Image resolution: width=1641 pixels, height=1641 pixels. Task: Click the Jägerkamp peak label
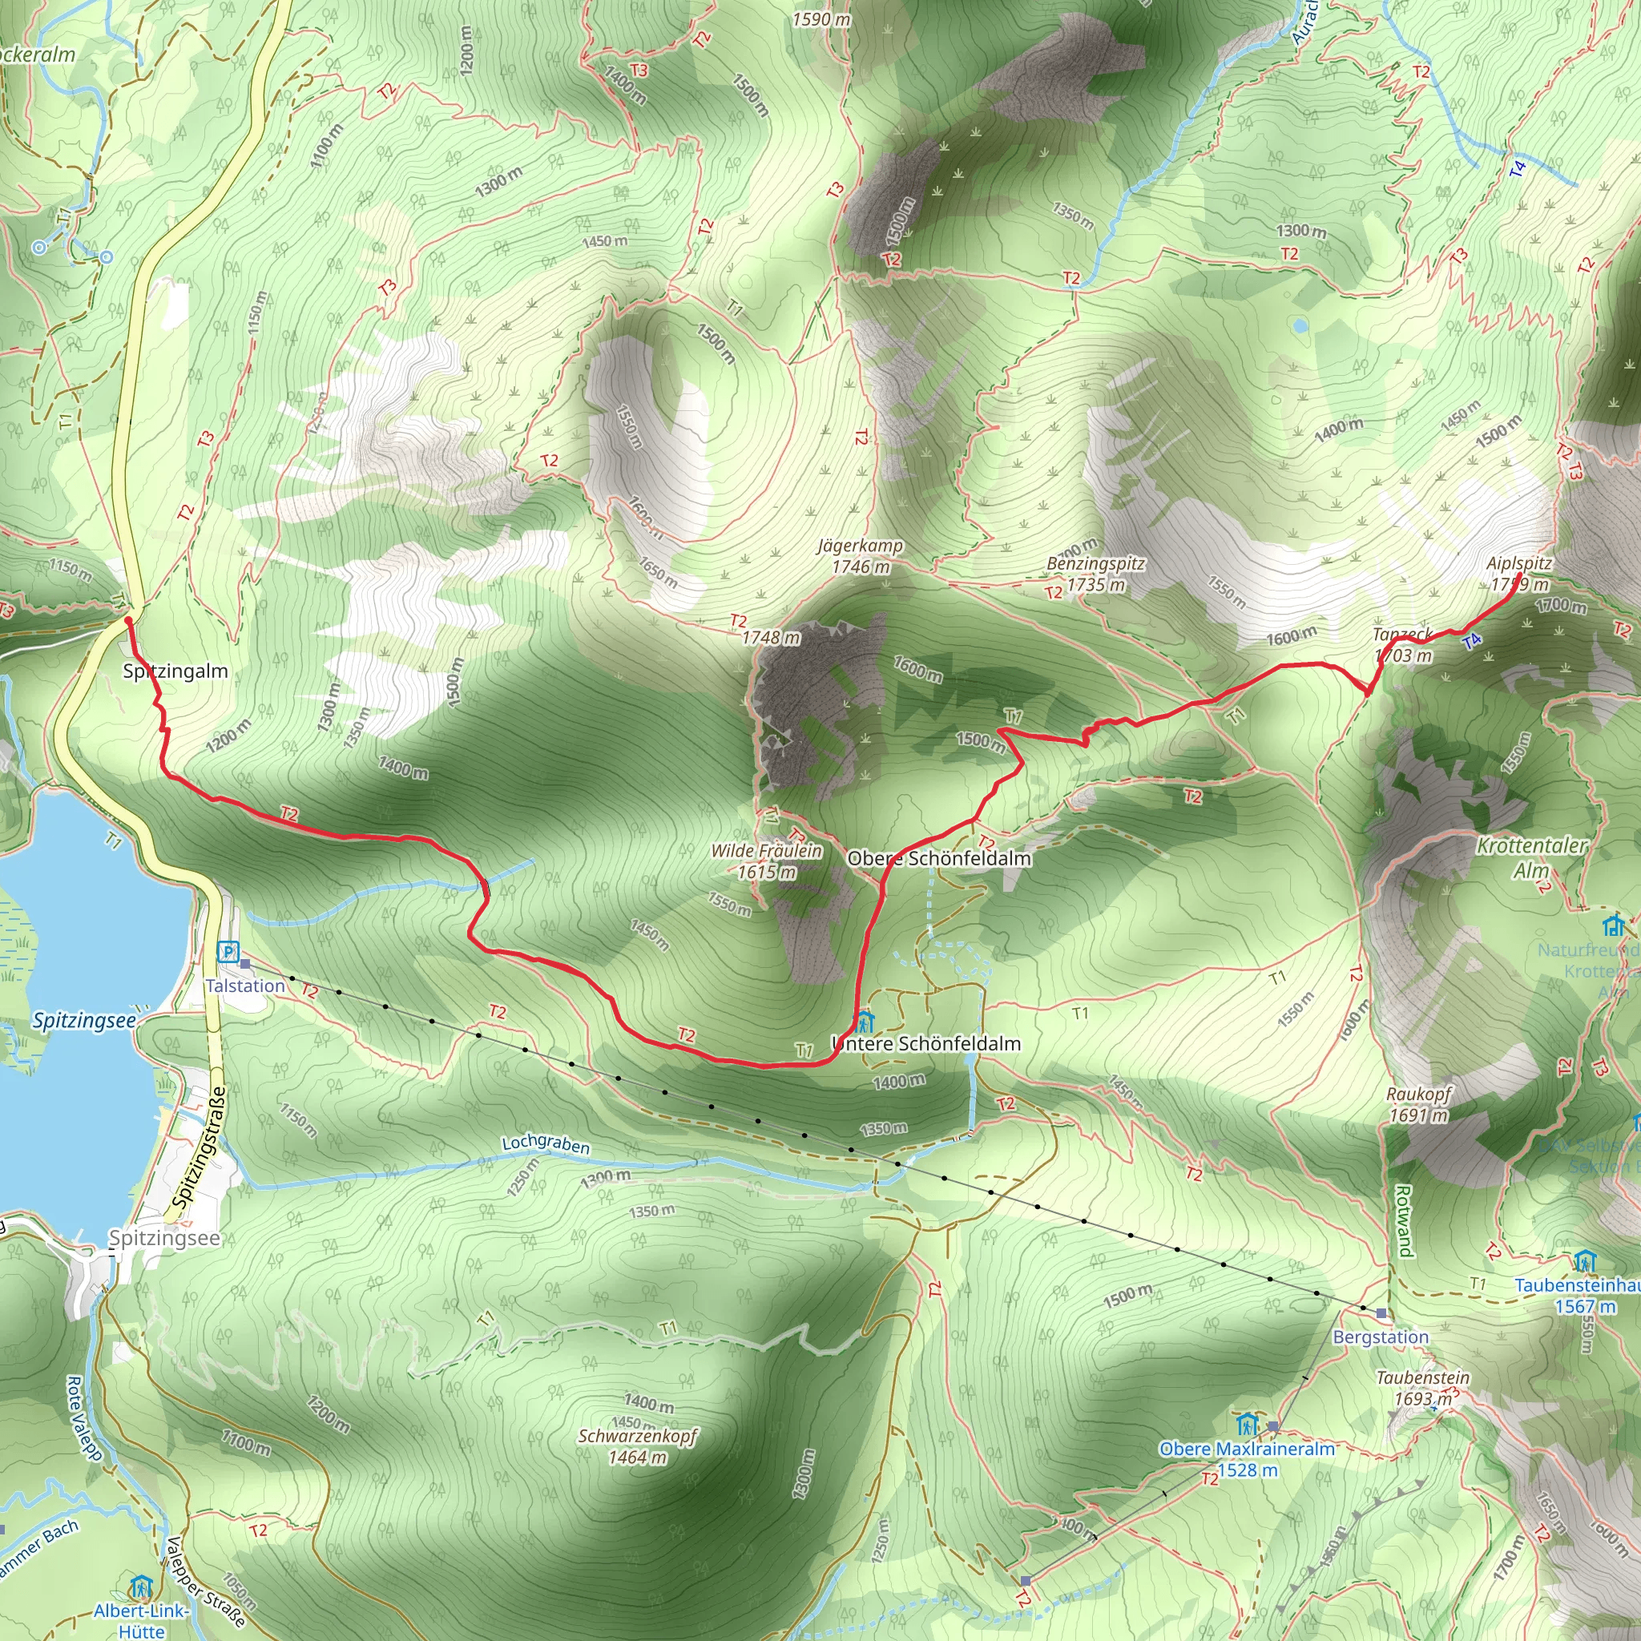tap(861, 546)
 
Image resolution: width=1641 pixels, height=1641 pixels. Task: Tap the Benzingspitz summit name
tap(1095, 564)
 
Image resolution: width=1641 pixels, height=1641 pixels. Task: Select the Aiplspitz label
tap(1518, 564)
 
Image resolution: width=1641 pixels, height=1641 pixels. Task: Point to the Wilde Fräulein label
tap(766, 851)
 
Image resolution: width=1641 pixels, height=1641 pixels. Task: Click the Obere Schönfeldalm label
tap(939, 859)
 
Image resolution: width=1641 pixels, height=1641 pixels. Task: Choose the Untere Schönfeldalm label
tap(927, 1044)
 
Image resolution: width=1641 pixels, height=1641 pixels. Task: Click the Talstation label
tap(244, 986)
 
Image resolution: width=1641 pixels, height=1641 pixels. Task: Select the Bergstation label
tap(1381, 1337)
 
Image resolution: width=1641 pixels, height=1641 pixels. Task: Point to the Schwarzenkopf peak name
tap(637, 1437)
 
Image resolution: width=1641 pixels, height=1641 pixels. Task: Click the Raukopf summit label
tap(1418, 1095)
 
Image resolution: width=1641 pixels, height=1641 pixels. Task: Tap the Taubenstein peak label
tap(1423, 1377)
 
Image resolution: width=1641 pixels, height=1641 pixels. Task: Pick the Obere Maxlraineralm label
tap(1247, 1449)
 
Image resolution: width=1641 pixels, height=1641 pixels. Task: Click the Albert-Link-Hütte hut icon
tap(141, 1586)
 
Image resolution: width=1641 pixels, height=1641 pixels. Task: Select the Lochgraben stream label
tap(546, 1144)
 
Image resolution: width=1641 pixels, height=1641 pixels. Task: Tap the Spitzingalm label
tap(175, 671)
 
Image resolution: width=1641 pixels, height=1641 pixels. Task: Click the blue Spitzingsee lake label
tap(84, 1020)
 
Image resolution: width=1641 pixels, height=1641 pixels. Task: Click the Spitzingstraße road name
tap(198, 1147)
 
